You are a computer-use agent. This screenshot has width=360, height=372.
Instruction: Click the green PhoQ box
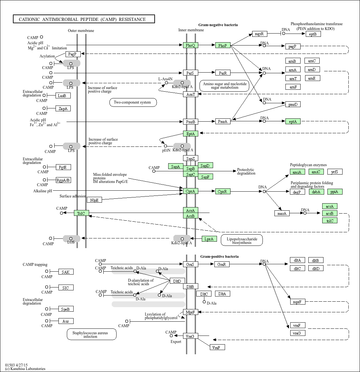[190, 45]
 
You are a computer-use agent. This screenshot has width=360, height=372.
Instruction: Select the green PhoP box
[223, 45]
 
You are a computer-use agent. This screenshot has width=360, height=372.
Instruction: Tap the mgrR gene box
[259, 34]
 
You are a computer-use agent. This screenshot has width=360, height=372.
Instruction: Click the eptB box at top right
[313, 34]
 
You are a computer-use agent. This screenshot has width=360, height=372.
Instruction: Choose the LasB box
[63, 96]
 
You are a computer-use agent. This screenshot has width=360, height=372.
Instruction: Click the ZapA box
[63, 109]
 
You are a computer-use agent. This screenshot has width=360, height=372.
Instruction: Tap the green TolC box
[81, 213]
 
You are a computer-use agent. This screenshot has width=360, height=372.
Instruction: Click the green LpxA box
[209, 239]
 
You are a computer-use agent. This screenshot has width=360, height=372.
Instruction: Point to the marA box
[282, 213]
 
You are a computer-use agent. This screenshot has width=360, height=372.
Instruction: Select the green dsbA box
[316, 192]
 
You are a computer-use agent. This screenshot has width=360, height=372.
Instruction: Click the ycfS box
[335, 172]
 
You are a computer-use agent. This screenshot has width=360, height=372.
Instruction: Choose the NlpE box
[94, 200]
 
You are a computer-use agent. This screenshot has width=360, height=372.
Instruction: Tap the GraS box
[190, 264]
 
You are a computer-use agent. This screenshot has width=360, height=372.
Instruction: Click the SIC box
[66, 287]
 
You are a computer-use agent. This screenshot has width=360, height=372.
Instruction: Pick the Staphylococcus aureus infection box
[91, 334]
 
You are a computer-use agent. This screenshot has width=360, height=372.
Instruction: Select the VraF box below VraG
[217, 347]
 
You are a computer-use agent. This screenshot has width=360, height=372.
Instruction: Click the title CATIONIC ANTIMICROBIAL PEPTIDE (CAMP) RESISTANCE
[84, 19]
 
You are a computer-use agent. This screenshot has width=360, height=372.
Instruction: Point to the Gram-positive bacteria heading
[220, 256]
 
